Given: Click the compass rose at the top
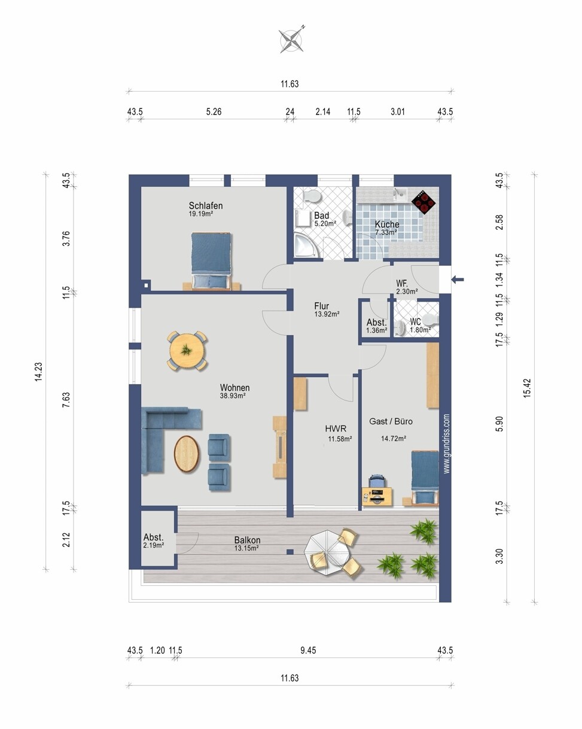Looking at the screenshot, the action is tap(291, 40).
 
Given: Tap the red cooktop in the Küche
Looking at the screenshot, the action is tap(423, 202).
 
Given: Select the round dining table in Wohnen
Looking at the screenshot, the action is tap(187, 351).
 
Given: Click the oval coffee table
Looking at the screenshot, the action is tap(187, 454).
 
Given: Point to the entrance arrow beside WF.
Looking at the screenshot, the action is tap(458, 280).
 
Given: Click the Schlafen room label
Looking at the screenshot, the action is tap(206, 206).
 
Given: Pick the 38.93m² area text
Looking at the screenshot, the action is tap(233, 396).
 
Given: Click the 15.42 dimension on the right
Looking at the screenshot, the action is tap(527, 388).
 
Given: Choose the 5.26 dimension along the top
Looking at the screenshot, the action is tap(214, 111).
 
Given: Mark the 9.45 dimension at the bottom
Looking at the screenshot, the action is tap(308, 650).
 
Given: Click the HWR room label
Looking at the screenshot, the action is tap(336, 429).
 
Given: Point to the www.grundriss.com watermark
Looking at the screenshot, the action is tap(447, 444).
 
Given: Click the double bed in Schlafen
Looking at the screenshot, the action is tap(211, 261).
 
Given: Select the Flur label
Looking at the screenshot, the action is tap(322, 306).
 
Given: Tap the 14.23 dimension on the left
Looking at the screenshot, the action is tap(39, 372).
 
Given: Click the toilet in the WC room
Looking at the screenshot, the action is tap(431, 319).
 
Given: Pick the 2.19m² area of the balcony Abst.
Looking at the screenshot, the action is tap(153, 545).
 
